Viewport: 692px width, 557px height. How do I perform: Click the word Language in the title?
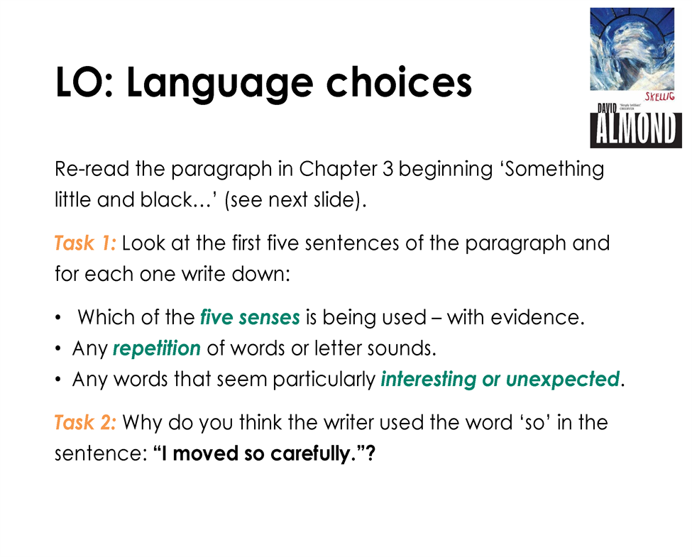coord(220,84)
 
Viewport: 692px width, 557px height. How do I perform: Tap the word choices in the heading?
coord(399,82)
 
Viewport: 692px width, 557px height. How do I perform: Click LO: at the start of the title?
coord(84,82)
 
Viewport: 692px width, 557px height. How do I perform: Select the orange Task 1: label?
coord(85,243)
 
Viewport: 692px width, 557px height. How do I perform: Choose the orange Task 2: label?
coord(85,422)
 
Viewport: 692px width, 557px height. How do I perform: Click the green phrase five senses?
coord(250,317)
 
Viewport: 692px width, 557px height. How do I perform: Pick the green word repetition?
coord(157,348)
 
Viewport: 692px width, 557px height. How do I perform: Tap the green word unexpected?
coord(563,379)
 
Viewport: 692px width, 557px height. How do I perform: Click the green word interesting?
coord(428,380)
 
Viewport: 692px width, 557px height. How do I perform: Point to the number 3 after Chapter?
coord(388,169)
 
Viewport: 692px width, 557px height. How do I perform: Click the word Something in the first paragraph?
coord(554,170)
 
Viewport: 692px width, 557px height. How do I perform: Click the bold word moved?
coord(206,453)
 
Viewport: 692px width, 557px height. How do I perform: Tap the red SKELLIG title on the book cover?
coord(660,96)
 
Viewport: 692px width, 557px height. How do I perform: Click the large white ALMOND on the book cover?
coord(635,128)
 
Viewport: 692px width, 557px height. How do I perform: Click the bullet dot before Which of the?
coord(57,318)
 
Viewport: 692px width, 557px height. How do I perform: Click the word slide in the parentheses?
coord(334,200)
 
